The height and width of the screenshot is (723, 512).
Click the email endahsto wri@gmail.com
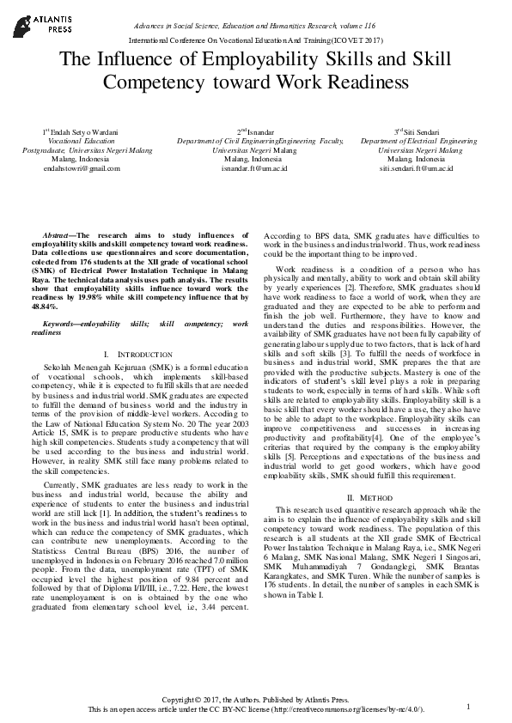[81, 168]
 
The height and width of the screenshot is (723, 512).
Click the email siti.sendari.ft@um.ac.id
[416, 168]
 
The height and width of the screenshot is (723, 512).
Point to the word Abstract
[58, 234]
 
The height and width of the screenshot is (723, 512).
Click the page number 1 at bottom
[469, 706]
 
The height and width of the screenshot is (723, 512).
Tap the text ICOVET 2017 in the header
[353, 40]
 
